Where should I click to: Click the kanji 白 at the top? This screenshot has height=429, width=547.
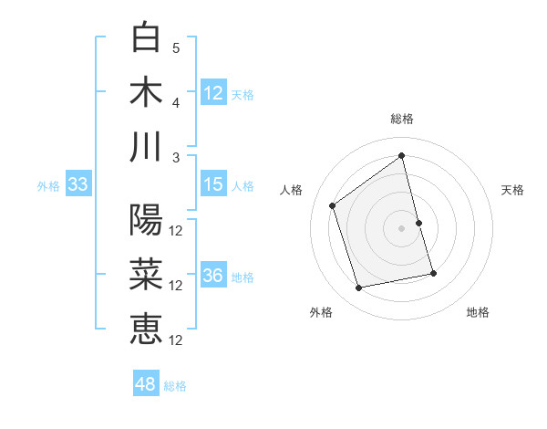147,37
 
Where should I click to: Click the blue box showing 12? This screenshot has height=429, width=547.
213,92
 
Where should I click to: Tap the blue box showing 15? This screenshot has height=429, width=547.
213,184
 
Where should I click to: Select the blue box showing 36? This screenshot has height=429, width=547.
213,277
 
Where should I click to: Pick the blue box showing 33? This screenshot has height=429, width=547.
77,184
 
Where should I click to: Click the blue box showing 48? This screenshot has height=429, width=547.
146,384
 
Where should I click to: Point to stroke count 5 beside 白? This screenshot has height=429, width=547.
176,47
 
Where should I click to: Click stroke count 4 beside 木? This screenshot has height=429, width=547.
176,102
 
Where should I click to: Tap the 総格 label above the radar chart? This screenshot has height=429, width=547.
402,119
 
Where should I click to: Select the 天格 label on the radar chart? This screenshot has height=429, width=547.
512,190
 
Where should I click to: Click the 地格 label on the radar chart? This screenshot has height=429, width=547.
478,312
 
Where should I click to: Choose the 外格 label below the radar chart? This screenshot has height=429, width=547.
321,312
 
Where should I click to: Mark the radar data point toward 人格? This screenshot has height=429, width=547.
333,205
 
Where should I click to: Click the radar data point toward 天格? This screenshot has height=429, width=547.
418,223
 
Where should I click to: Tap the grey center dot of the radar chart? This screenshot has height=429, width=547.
401,227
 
